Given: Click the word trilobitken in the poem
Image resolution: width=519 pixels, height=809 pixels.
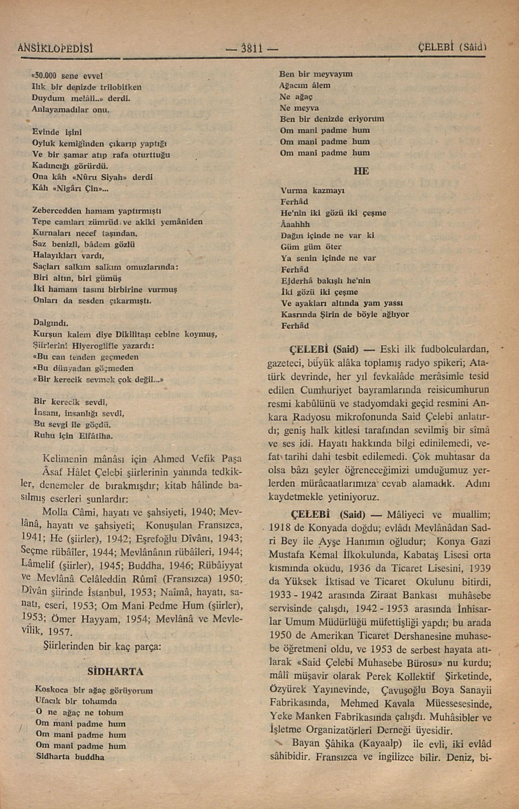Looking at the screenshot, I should point(121,87).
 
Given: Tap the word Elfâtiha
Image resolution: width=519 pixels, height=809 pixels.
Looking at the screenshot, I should point(96,436).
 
